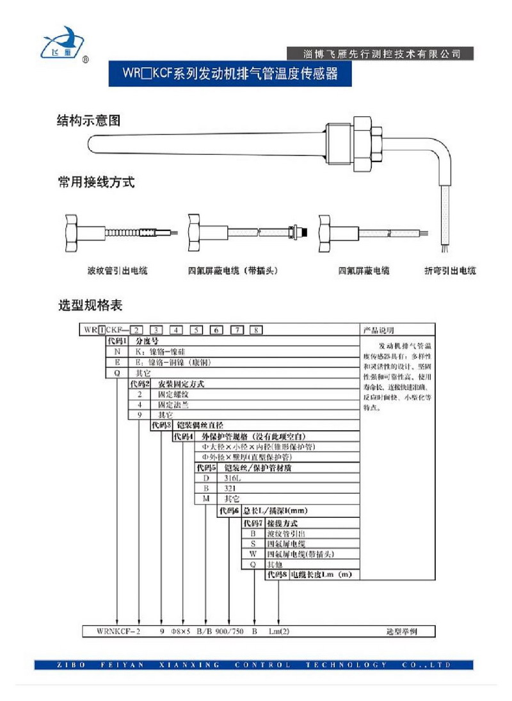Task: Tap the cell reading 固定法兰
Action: tap(171, 405)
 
